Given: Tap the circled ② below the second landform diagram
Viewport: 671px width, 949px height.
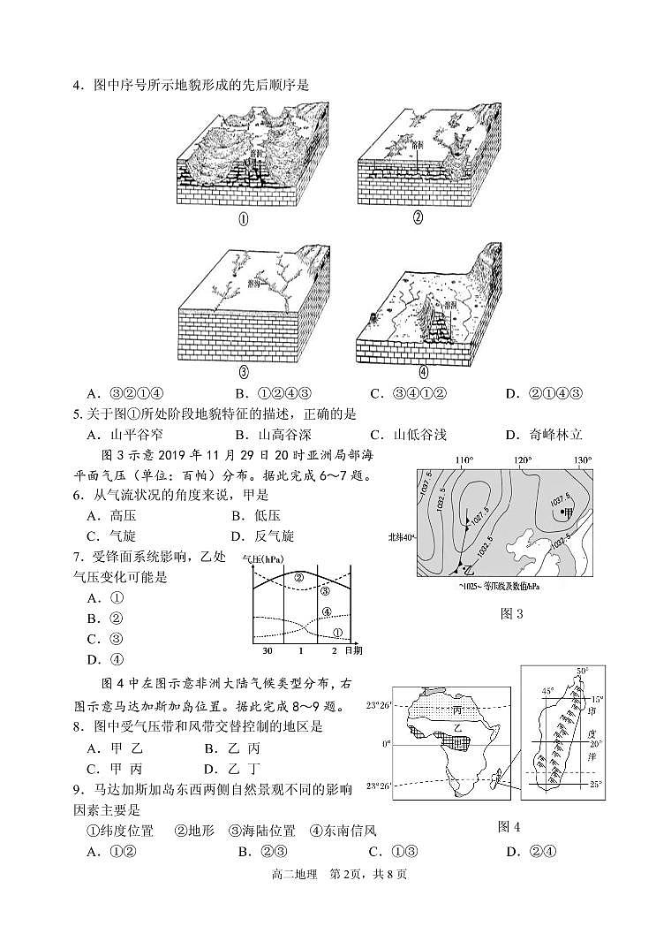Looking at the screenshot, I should click(418, 217).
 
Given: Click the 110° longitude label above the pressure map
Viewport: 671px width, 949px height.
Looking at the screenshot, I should click(464, 460).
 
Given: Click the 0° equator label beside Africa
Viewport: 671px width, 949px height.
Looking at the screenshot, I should click(386, 744).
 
